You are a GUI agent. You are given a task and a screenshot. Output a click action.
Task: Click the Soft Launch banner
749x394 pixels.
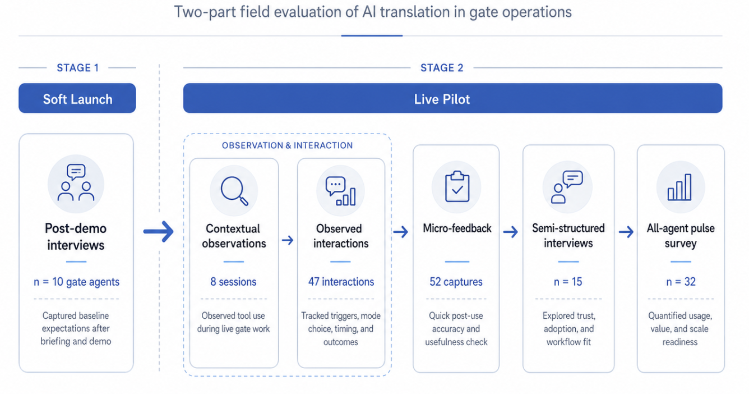point(77,99)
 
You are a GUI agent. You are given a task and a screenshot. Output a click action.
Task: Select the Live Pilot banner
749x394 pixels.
point(442,99)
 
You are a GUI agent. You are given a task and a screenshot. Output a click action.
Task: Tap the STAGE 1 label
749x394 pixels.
point(77,68)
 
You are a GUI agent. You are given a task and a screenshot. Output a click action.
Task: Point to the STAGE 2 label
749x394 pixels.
point(442,68)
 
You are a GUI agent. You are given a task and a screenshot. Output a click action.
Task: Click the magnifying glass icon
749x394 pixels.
point(234,190)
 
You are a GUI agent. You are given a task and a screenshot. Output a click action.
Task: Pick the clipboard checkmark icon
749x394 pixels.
point(457,186)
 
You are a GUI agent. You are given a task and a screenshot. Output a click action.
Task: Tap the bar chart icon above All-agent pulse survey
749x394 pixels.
point(679,187)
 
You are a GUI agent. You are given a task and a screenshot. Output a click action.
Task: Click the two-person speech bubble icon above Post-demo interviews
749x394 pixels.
point(76,183)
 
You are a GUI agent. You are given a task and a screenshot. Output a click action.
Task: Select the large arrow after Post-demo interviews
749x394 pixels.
point(159,231)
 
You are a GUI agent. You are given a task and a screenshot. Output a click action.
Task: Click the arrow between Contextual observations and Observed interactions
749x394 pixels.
point(287,240)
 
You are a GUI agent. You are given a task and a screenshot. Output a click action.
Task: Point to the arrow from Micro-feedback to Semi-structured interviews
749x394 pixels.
point(510,231)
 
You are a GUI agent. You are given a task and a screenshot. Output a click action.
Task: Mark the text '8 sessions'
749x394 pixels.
point(233,282)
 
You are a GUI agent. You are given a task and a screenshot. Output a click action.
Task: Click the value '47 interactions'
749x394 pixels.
point(341,282)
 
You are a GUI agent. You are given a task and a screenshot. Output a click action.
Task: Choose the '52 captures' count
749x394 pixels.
point(456,282)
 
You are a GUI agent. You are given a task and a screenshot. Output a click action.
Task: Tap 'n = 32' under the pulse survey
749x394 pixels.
point(681,282)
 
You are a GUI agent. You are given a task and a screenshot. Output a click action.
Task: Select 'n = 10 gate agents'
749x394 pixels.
point(76,282)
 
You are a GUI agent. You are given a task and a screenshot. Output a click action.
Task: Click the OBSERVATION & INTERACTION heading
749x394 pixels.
point(287,145)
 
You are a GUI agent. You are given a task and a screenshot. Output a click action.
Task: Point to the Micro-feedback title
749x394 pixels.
point(457,228)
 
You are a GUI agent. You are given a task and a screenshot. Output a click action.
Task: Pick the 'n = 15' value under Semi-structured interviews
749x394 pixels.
point(568,282)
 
